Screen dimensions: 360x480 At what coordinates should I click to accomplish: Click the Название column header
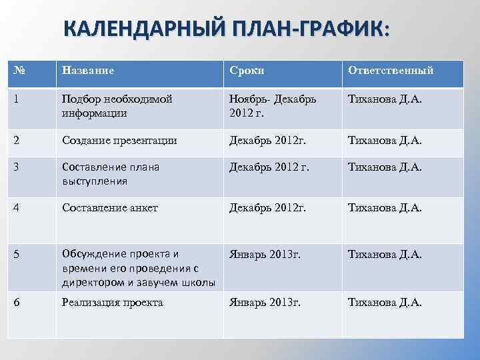click(x=88, y=70)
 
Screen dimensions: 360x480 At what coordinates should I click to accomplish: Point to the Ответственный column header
click(x=391, y=70)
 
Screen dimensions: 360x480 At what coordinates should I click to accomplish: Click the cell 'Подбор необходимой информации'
click(x=117, y=105)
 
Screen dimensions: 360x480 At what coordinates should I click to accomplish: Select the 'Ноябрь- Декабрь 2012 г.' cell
click(x=273, y=105)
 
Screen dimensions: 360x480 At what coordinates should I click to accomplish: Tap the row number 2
click(x=16, y=141)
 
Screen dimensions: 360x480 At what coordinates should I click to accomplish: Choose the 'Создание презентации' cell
click(x=119, y=141)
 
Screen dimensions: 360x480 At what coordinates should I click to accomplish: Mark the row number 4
click(x=16, y=208)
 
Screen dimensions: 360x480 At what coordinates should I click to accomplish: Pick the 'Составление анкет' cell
click(x=109, y=208)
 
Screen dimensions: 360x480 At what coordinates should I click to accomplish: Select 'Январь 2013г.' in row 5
click(x=265, y=255)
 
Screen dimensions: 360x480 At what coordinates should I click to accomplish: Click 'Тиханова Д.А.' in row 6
click(x=385, y=303)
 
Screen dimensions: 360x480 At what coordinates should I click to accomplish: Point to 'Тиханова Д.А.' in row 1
click(x=385, y=99)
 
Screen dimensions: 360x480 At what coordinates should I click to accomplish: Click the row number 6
click(x=16, y=303)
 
